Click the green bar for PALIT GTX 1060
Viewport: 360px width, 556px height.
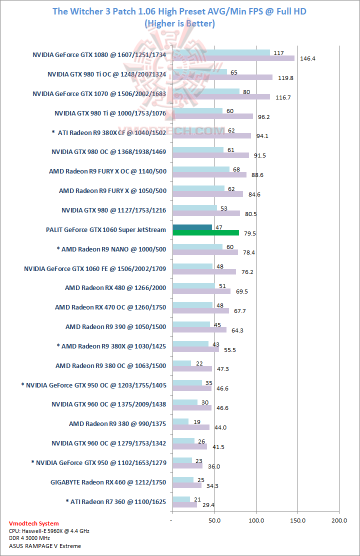point(205,232)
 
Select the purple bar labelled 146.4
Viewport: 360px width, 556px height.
point(233,58)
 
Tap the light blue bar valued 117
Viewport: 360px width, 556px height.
point(221,52)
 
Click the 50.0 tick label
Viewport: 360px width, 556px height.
point(214,520)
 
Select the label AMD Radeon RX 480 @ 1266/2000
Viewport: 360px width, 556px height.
point(115,288)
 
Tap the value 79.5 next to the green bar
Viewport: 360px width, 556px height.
point(249,233)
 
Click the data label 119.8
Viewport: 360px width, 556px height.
point(282,78)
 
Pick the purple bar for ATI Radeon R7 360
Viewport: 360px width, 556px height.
point(184,504)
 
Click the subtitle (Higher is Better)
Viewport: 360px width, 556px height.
point(179,23)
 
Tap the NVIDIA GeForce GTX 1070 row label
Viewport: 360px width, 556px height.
point(99,93)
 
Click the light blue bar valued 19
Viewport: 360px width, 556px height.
point(180,421)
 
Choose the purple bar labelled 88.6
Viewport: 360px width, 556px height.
point(209,175)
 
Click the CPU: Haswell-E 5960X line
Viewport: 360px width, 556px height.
point(49,531)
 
